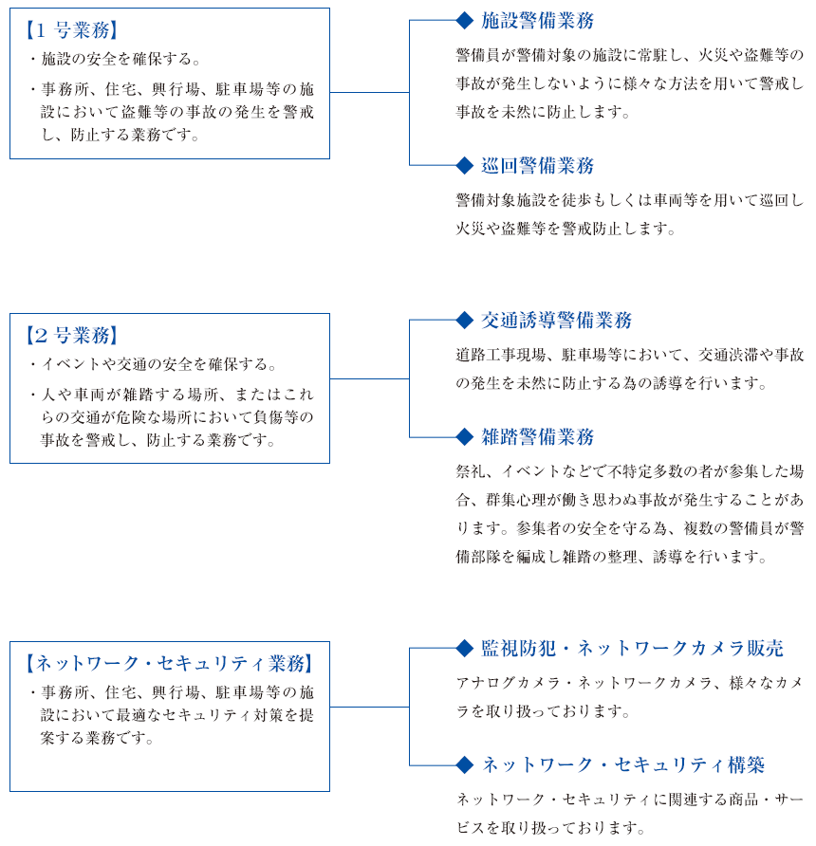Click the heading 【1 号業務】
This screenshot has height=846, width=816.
72,30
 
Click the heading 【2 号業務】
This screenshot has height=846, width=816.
72,335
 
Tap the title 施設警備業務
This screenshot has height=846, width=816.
538,21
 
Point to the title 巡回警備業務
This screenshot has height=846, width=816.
538,166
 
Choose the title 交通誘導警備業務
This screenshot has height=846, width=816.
556,320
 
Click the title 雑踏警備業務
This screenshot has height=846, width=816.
538,436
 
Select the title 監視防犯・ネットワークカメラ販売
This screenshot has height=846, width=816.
632,648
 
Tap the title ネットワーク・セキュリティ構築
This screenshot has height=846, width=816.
622,764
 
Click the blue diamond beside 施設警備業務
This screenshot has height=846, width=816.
465,21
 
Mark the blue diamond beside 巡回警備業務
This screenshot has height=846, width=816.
465,166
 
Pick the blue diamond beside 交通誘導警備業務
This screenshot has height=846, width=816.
465,320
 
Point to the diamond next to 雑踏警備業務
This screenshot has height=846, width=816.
465,436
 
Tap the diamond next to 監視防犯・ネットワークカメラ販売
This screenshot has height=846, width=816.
465,648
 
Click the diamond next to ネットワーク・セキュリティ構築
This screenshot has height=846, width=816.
465,764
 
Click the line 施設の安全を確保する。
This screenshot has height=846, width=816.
121,59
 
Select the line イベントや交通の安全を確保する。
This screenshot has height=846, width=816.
158,364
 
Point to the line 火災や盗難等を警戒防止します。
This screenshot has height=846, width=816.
566,229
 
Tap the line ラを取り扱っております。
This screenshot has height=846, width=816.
543,711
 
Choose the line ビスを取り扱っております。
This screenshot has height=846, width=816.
550,828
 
